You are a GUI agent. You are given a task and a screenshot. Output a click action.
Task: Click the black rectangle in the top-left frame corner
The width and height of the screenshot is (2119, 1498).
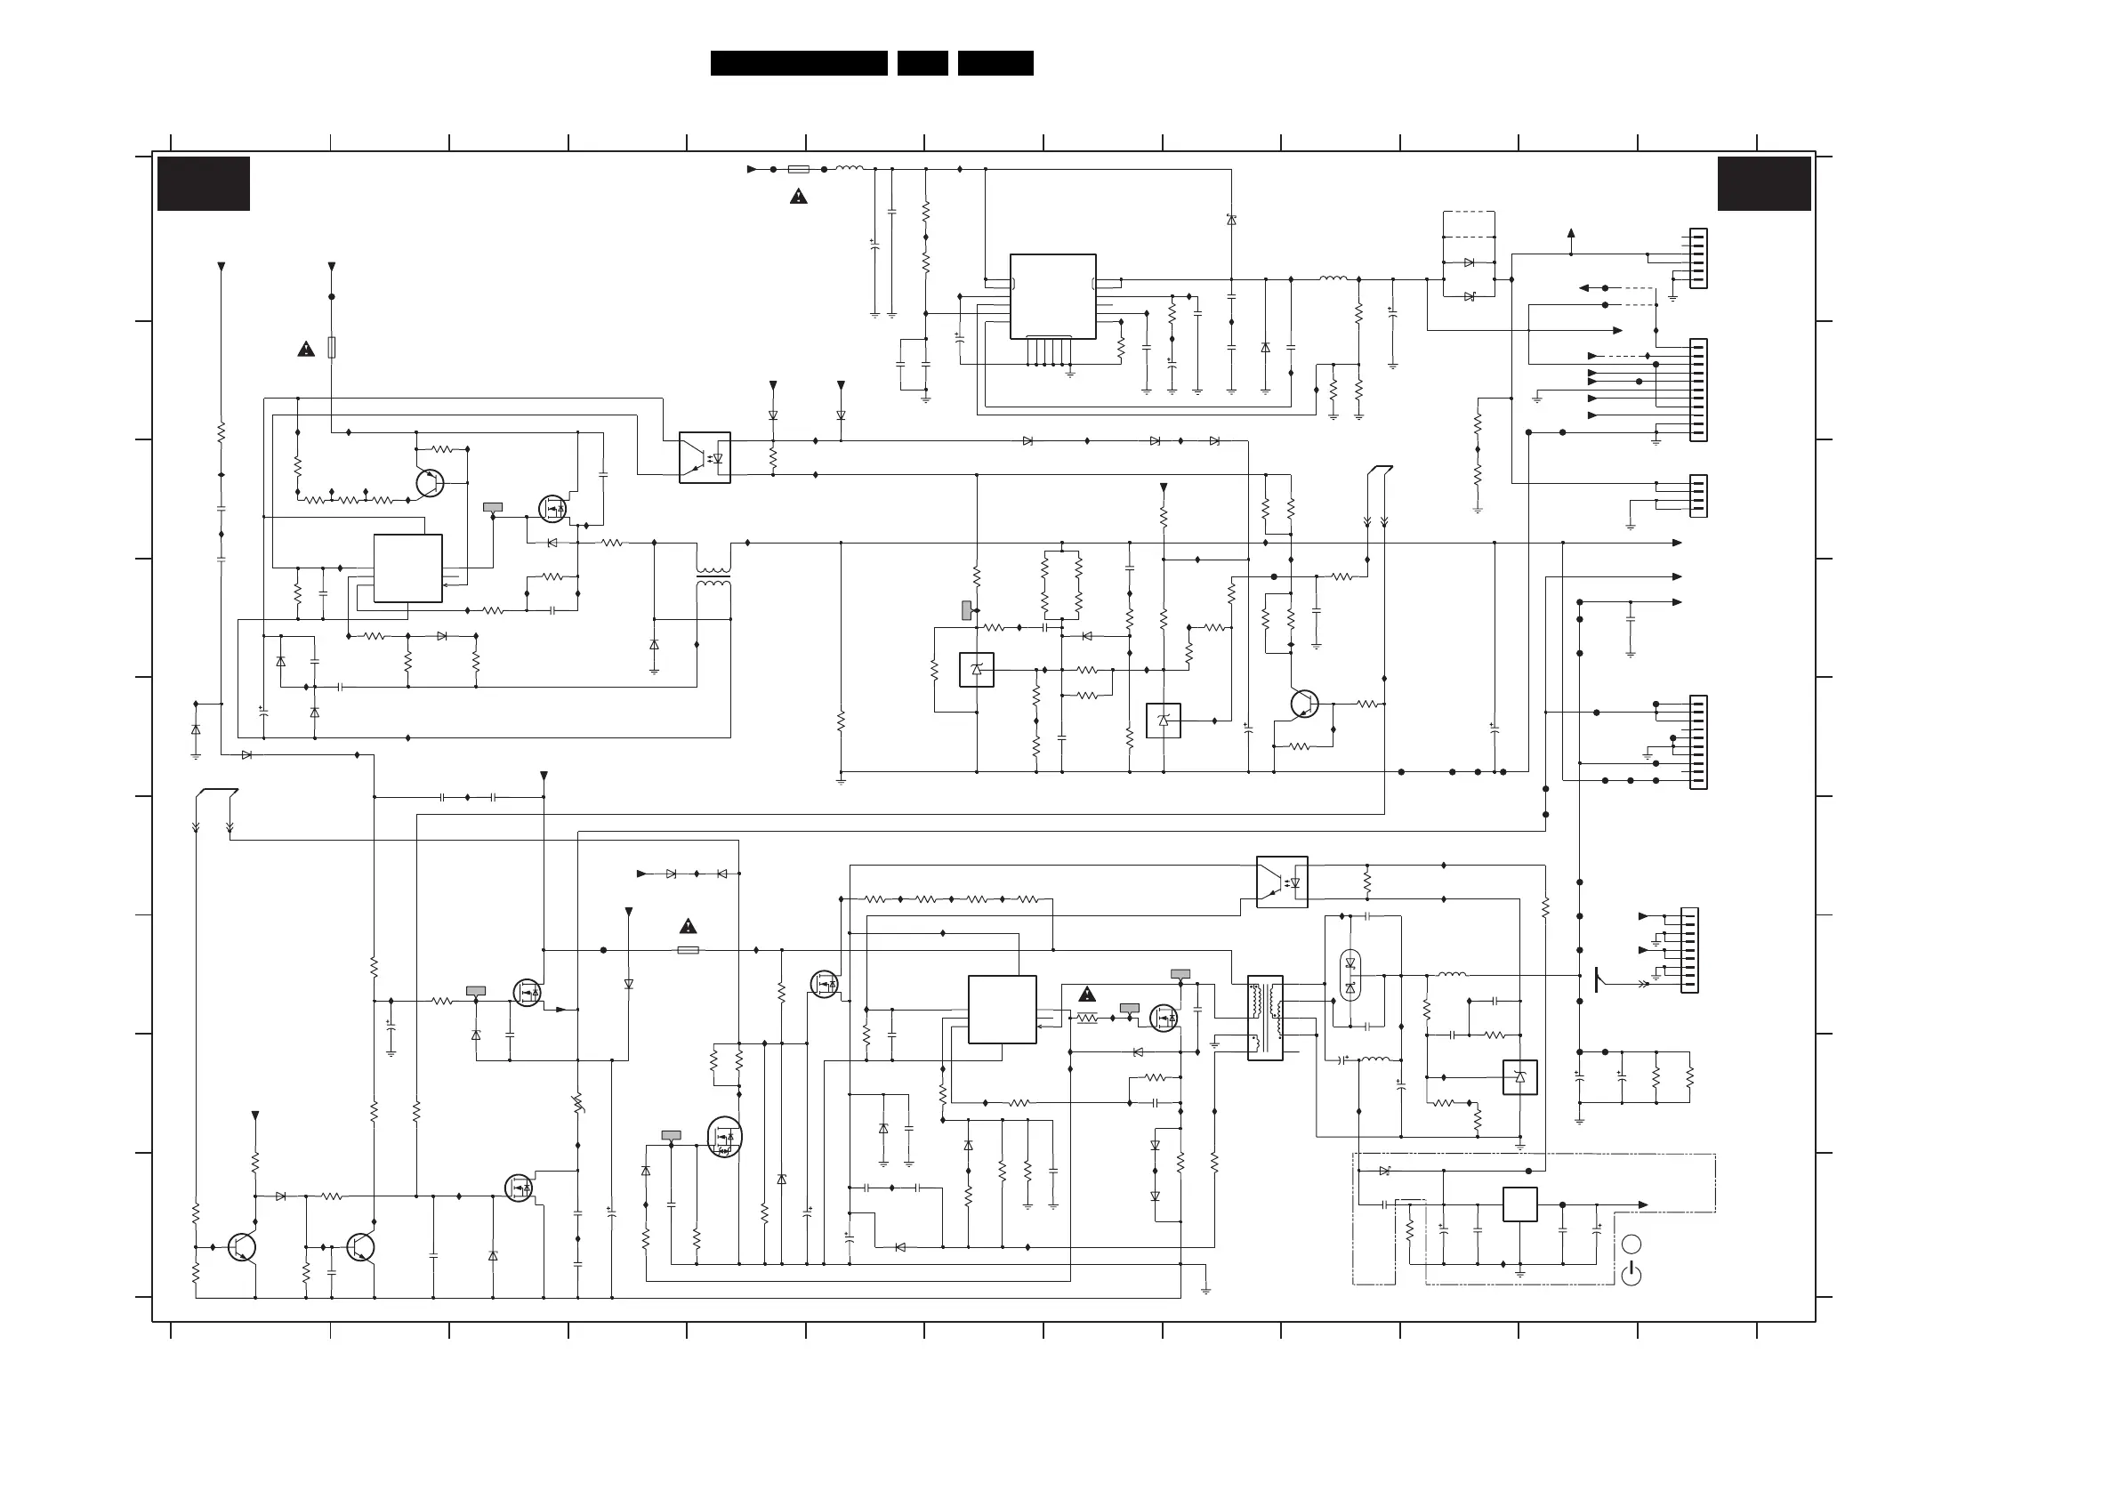203,183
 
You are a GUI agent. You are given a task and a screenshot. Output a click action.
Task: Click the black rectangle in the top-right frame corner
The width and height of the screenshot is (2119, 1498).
1764,183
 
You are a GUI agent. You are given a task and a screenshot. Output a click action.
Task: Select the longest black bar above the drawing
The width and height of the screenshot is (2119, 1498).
798,63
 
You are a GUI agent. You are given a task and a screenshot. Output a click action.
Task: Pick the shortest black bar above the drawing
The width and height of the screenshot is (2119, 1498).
922,63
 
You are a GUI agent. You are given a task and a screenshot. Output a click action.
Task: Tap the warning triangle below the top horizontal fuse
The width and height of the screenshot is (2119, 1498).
798,197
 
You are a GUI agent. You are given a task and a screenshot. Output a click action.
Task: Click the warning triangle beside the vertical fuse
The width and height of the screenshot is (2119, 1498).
306,349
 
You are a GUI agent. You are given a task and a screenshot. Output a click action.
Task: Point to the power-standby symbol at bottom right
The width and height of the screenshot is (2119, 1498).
1631,1275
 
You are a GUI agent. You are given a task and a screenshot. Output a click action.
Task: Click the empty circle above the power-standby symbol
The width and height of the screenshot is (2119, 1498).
1631,1244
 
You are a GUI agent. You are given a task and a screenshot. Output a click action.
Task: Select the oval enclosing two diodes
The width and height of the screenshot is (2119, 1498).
1350,976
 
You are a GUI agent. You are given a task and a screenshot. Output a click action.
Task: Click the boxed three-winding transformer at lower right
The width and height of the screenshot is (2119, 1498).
1264,1018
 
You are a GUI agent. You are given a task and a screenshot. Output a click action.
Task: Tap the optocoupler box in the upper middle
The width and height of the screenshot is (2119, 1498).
705,458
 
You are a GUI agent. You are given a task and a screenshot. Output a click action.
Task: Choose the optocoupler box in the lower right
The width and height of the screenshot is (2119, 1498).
1282,882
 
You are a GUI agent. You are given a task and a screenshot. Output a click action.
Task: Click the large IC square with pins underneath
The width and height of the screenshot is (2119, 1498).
1053,296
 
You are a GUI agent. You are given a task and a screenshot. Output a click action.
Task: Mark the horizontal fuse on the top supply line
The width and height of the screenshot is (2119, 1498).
799,169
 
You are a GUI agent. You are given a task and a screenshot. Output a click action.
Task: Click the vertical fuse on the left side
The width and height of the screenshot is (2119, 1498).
331,347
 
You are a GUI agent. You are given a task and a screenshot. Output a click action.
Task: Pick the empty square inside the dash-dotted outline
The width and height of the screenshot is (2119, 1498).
1519,1204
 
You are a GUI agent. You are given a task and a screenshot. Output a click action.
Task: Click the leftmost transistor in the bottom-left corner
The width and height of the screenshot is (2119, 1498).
241,1247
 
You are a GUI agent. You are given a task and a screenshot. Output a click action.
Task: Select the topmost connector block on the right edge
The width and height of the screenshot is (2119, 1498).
1698,259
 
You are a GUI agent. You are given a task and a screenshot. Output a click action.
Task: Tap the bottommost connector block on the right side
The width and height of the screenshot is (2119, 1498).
1689,951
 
